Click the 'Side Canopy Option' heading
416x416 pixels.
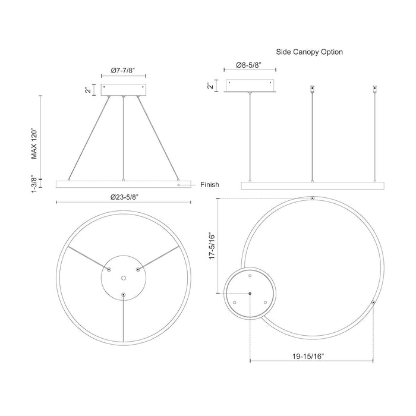(310, 52)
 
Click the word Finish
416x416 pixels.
(210, 185)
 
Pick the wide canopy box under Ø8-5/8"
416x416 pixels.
(251, 87)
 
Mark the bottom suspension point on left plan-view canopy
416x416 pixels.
(123, 295)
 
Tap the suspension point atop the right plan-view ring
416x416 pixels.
(313, 198)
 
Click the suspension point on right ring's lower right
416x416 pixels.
(373, 302)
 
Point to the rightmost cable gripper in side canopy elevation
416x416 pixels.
(375, 90)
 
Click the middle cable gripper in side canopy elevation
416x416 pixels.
(313, 90)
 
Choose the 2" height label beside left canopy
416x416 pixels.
(87, 89)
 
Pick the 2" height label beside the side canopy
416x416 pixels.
(210, 86)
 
